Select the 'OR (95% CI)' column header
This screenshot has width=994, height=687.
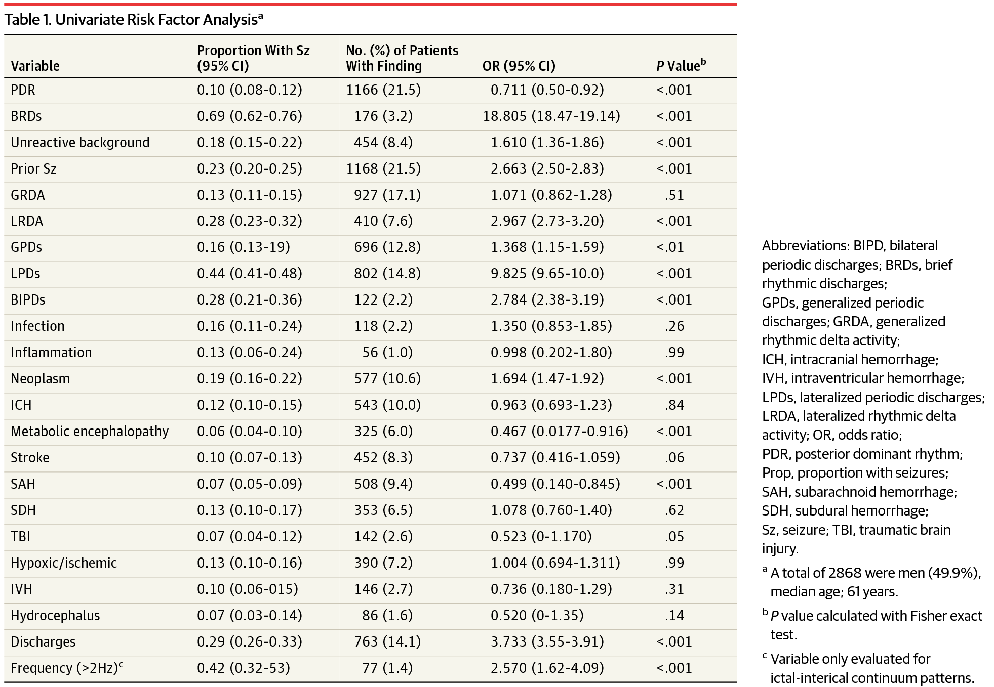click(519, 66)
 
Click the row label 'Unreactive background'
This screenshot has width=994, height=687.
click(80, 143)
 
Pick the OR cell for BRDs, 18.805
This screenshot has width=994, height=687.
click(551, 116)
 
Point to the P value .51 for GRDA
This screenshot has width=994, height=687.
click(674, 195)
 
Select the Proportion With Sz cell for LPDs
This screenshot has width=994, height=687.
click(249, 274)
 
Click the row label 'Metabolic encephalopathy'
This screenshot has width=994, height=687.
click(90, 432)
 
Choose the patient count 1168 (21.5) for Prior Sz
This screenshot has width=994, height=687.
click(383, 169)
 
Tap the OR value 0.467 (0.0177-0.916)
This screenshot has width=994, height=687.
click(559, 432)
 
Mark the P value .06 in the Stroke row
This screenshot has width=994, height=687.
click(674, 458)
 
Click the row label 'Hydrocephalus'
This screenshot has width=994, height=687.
click(55, 616)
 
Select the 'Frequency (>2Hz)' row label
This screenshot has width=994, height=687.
click(66, 668)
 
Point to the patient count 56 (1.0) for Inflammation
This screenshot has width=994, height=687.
click(387, 353)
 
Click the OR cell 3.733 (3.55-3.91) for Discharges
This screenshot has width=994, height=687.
click(547, 642)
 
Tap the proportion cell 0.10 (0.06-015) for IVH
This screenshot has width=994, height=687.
click(247, 589)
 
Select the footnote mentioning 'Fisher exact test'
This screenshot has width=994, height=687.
click(876, 625)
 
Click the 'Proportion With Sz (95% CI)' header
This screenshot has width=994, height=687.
click(253, 58)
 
